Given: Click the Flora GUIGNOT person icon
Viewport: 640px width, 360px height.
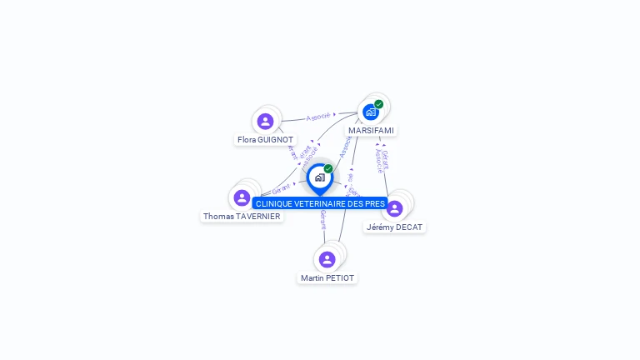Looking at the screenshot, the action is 266,122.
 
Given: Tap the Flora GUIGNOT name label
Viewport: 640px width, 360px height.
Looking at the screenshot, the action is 265,140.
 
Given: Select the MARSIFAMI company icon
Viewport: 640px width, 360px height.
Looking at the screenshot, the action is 371,112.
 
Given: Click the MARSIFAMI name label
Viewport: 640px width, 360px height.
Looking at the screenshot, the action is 372,131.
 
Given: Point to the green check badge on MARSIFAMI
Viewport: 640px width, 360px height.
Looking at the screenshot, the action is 379,104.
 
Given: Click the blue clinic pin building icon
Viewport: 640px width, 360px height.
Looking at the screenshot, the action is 319,177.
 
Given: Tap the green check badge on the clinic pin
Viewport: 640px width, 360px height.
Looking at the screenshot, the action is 328,168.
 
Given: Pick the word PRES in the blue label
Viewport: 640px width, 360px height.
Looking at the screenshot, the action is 375,204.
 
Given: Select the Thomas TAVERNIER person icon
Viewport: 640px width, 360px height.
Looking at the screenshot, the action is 242,197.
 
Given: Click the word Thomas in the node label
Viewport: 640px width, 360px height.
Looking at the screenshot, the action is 217,217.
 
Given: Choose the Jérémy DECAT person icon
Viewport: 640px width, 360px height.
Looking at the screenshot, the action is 395,208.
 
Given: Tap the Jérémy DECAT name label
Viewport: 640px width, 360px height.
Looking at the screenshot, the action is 395,227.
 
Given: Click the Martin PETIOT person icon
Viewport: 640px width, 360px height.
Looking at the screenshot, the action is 327,259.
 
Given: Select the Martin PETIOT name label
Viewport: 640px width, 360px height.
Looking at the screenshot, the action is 327,277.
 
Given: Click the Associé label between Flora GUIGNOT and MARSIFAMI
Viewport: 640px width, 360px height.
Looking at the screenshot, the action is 319,116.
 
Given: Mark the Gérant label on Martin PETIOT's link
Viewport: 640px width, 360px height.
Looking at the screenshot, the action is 322,220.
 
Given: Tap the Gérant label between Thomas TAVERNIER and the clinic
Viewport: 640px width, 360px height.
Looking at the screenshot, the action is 282,190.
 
